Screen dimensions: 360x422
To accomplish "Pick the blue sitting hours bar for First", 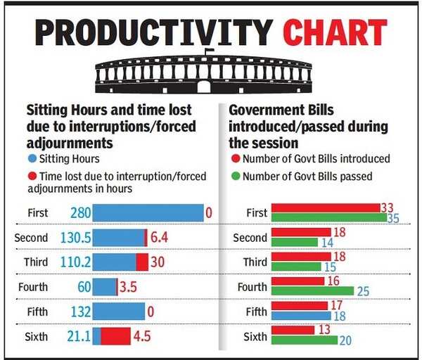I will click(148, 213).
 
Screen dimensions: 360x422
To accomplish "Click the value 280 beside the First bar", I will click(80, 213).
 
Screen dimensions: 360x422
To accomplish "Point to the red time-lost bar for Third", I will click(142, 262).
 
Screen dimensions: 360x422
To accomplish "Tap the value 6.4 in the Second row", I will click(160, 238).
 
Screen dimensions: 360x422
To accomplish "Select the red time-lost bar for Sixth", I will click(116, 336).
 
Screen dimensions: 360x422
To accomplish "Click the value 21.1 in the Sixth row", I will click(79, 336).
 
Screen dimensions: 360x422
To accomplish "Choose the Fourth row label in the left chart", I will click(33, 287).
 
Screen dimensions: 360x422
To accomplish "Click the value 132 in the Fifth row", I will click(81, 311).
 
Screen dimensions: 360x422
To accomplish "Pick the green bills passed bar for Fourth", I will click(312, 291).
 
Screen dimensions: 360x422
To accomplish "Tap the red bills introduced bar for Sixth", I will click(293, 330).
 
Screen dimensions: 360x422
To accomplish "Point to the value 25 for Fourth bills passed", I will click(363, 292).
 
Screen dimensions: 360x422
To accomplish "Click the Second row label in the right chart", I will click(250, 238).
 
